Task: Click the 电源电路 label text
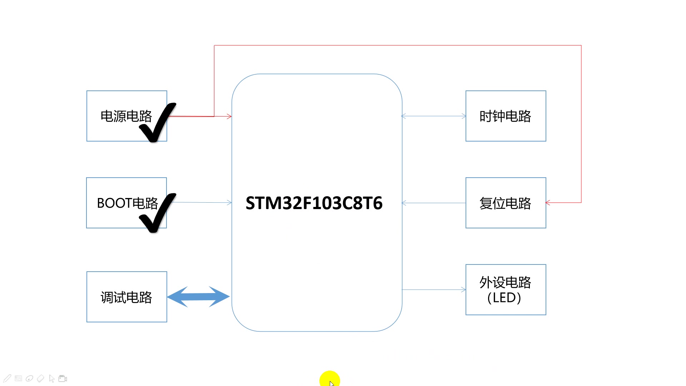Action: (x=126, y=116)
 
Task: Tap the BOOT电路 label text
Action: (x=127, y=203)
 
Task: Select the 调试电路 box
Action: (x=126, y=297)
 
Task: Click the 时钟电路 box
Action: (x=506, y=116)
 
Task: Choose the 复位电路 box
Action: (x=506, y=203)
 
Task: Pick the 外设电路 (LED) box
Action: (x=506, y=289)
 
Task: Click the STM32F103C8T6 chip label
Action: (x=314, y=203)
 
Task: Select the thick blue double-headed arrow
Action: (x=198, y=297)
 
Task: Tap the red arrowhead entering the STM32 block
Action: (x=229, y=116)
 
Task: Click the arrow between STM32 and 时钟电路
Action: (x=434, y=116)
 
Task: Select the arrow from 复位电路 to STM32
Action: (x=434, y=203)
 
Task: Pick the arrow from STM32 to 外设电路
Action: (x=434, y=289)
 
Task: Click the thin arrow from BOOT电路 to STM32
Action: (x=202, y=202)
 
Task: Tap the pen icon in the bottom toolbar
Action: (x=8, y=378)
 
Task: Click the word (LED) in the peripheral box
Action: (x=504, y=298)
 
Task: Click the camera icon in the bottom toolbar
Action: (x=63, y=378)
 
